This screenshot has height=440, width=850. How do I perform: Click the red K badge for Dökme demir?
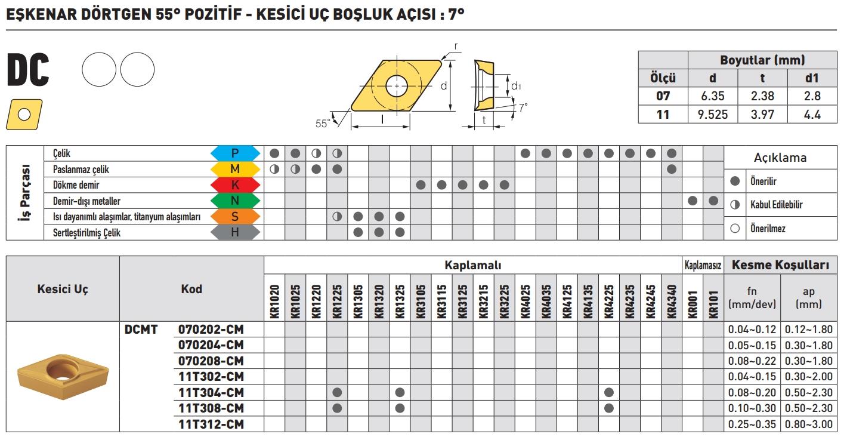[x=236, y=185]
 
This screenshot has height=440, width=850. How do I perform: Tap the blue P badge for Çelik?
[x=236, y=153]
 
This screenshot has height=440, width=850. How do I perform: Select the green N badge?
[x=236, y=201]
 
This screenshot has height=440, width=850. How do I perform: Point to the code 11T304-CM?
[x=211, y=392]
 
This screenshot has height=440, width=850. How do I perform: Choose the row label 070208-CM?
[x=211, y=361]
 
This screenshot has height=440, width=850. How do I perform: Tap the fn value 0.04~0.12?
[x=752, y=329]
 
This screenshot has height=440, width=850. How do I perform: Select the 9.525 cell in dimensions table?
[x=713, y=114]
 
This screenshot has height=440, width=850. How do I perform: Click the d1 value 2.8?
[x=812, y=96]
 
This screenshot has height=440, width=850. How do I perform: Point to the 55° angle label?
[x=323, y=124]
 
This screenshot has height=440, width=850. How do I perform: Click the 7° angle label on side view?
[x=523, y=107]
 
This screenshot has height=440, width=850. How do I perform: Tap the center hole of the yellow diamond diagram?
[x=396, y=86]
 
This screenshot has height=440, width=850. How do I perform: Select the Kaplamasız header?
[x=703, y=264]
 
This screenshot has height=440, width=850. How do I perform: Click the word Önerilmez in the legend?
[x=767, y=229]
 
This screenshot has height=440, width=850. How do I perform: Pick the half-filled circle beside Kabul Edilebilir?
[x=735, y=205]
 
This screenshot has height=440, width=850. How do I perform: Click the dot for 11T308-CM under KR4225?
[x=609, y=408]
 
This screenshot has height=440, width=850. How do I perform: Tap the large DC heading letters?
[x=28, y=71]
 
